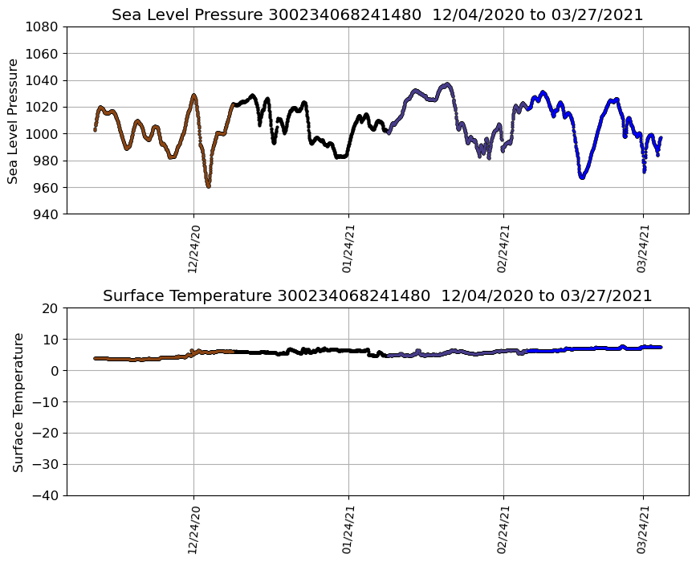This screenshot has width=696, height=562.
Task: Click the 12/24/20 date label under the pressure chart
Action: click(193, 249)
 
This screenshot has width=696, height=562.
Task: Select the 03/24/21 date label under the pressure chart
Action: click(643, 249)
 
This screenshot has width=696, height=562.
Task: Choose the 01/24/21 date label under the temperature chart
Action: click(348, 530)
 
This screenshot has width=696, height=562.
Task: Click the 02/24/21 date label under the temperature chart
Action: click(504, 530)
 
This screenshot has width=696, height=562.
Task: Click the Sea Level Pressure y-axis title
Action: click(13, 120)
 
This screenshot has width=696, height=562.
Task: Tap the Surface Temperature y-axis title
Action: click(18, 401)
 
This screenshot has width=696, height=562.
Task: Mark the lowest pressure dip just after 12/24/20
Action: click(209, 186)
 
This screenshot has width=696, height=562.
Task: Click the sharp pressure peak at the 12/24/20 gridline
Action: click(193, 96)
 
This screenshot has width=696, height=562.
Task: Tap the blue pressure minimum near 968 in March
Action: click(581, 177)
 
